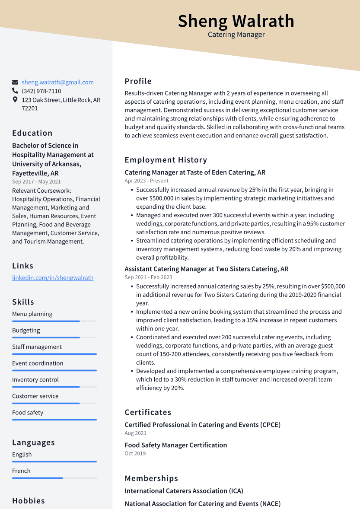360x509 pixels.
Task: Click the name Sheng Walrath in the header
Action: coord(236,21)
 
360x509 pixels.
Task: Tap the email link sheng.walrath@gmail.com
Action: coord(57,82)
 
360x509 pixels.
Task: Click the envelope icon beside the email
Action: coord(15,82)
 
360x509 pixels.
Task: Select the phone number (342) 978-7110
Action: coord(41,91)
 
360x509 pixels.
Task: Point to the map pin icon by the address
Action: coord(15,100)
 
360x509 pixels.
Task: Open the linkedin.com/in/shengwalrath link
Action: coord(53,278)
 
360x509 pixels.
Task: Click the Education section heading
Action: coord(32,133)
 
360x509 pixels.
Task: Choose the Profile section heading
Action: coord(138,81)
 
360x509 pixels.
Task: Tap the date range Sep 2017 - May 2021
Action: coord(36,182)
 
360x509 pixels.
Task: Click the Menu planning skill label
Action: coord(32,314)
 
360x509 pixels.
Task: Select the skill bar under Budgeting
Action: coord(54,337)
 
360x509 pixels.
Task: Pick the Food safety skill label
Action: coord(28,413)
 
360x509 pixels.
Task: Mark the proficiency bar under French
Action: coord(54,478)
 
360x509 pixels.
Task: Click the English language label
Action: coord(22,455)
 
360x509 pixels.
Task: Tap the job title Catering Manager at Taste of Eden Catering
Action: coord(195,172)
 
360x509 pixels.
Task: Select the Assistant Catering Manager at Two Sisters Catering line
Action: coord(207,269)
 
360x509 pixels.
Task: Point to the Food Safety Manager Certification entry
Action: coord(176,445)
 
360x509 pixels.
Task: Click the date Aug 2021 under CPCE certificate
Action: coord(136,433)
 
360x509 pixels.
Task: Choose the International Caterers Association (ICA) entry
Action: coord(184,491)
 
